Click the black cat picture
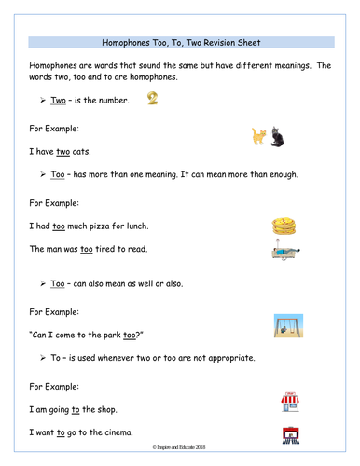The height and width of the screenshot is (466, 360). click(x=277, y=138)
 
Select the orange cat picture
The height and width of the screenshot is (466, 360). click(x=260, y=137)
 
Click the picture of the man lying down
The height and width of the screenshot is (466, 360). click(x=284, y=250)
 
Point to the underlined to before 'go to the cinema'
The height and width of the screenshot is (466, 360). click(x=62, y=432)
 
